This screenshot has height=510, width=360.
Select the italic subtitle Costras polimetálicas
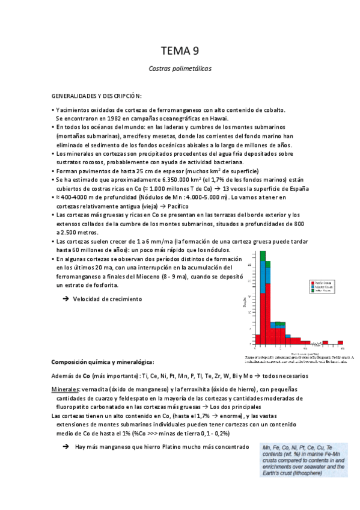[x=180, y=69]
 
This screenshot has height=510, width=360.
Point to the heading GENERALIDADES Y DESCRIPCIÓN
[x=96, y=96]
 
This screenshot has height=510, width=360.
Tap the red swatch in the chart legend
[x=312, y=281]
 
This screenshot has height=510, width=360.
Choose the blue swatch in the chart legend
[x=312, y=286]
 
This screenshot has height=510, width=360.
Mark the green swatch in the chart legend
[x=312, y=290]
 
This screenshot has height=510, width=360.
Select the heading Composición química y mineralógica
[x=102, y=362]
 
